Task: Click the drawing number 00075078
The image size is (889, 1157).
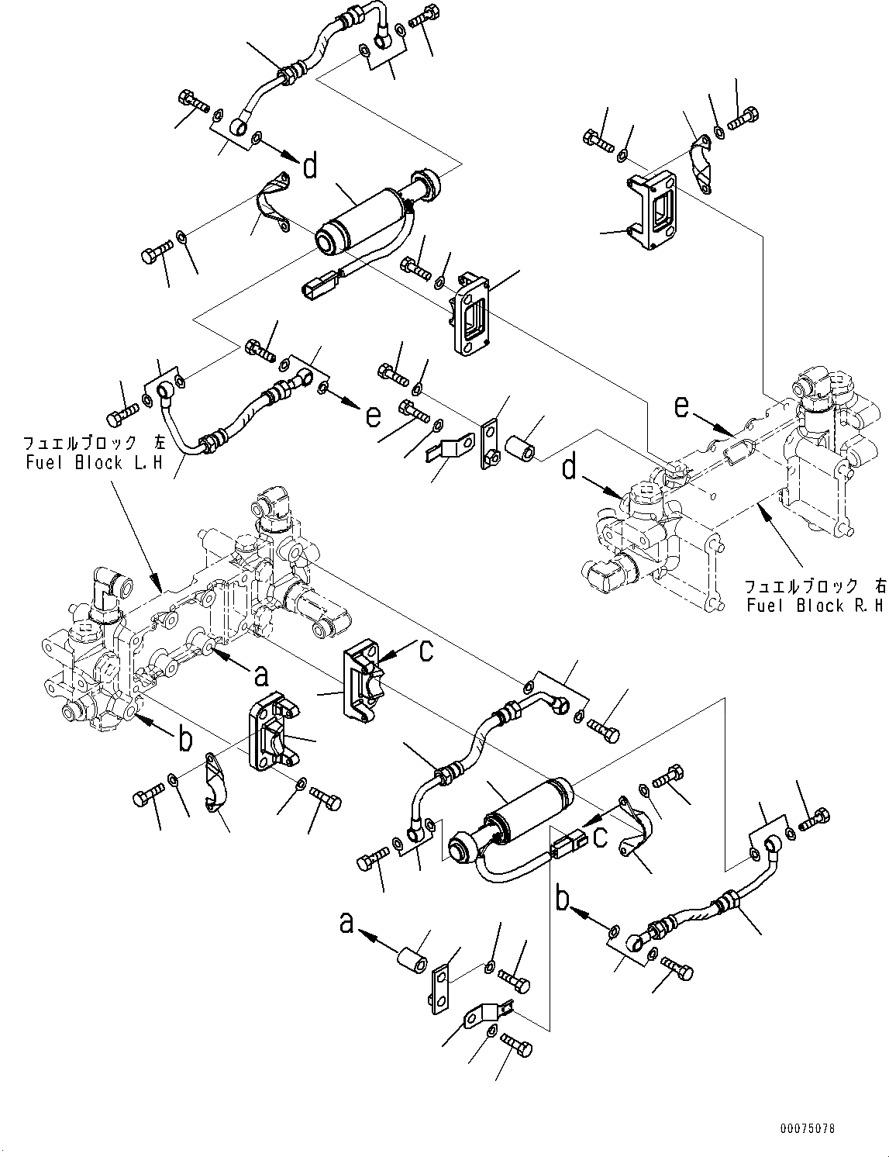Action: pos(808,1128)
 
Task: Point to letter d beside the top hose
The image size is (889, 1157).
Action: pos(310,165)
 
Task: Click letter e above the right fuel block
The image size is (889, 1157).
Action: pos(681,406)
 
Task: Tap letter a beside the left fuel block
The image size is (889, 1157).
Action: pos(262,676)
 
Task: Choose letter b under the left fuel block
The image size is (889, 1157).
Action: pos(184,739)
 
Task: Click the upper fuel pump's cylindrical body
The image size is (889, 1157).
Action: pos(363,214)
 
